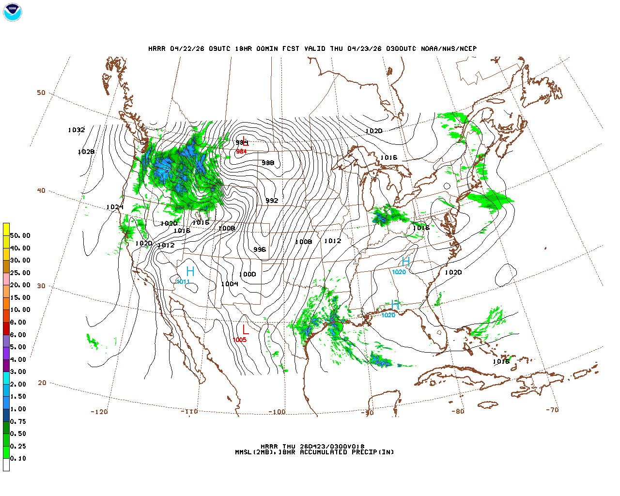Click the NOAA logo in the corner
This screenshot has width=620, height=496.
click(x=12, y=12)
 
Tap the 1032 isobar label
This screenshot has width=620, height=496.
click(x=76, y=130)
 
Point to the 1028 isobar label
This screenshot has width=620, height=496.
click(x=86, y=152)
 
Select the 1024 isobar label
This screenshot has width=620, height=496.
click(x=115, y=207)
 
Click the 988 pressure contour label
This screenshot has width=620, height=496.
click(x=268, y=163)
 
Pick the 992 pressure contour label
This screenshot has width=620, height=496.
click(x=272, y=201)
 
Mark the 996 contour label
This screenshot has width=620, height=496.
click(x=260, y=249)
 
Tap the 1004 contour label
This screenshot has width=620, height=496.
click(x=230, y=284)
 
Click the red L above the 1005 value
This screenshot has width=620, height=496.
click(x=246, y=329)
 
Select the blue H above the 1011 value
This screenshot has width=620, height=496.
click(x=190, y=271)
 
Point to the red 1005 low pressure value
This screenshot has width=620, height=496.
click(x=240, y=340)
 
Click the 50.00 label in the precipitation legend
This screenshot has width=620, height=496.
click(x=20, y=235)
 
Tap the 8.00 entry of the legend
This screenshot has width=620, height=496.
click(x=18, y=322)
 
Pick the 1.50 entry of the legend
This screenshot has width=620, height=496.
click(x=18, y=396)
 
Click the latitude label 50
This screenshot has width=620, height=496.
click(x=41, y=93)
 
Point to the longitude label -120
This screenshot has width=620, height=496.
click(x=99, y=412)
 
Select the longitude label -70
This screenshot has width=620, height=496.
click(x=552, y=410)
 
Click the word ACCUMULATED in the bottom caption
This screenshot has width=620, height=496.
click(x=323, y=452)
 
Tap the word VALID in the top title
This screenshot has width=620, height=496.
click(x=315, y=48)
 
